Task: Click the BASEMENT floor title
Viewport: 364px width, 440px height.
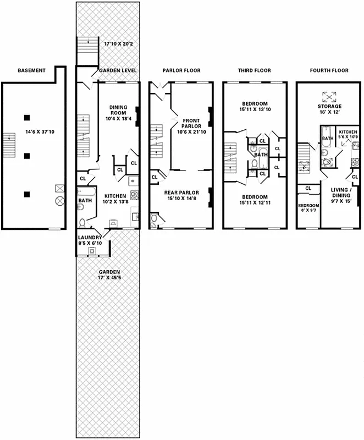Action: (x=31, y=70)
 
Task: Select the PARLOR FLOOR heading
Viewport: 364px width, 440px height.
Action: (x=181, y=70)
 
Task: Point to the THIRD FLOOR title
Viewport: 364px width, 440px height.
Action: (x=255, y=70)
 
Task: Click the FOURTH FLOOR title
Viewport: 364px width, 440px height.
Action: (x=329, y=70)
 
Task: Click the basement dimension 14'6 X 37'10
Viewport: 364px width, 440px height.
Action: (x=31, y=131)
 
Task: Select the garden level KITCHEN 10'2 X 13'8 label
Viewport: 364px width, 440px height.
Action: (x=115, y=199)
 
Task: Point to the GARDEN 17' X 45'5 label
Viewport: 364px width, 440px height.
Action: (x=108, y=275)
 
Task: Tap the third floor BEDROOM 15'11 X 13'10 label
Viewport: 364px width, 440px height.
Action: (x=255, y=107)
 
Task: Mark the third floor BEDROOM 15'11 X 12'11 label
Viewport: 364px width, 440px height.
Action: (x=255, y=200)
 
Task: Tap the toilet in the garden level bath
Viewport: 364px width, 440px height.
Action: (x=82, y=223)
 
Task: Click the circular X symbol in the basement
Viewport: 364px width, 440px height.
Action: (x=59, y=201)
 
